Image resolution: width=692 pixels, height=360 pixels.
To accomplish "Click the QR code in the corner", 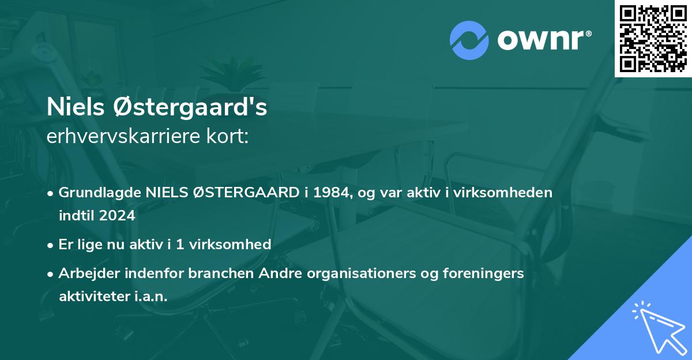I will pyautogui.click(x=653, y=38).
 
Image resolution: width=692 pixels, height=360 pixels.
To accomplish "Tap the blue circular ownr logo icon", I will pyautogui.click(x=468, y=40).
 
